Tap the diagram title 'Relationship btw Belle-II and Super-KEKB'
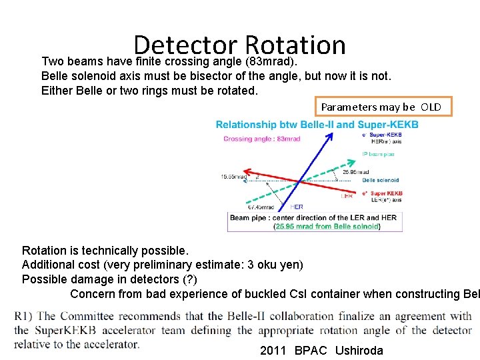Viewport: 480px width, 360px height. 317,125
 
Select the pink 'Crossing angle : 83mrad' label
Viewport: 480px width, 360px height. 262,139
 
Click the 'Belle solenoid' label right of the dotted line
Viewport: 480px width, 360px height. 381,180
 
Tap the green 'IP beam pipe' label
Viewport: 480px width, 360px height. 378,154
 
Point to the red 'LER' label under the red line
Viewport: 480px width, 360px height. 347,196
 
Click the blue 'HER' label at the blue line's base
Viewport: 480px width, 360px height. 296,207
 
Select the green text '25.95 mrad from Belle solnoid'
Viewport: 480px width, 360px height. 327,227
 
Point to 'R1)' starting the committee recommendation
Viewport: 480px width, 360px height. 24,316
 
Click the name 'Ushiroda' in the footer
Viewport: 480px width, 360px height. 359,351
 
